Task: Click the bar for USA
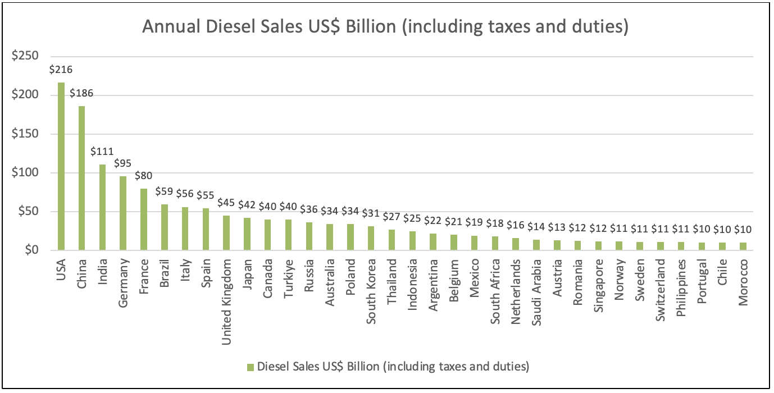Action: pyautogui.click(x=61, y=166)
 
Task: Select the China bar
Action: pyautogui.click(x=81, y=178)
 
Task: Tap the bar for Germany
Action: pyautogui.click(x=123, y=213)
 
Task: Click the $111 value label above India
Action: pyautogui.click(x=102, y=152)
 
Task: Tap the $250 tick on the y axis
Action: pyautogui.click(x=26, y=56)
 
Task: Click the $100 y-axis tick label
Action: pyautogui.click(x=26, y=173)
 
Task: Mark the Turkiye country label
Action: pyautogui.click(x=288, y=276)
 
